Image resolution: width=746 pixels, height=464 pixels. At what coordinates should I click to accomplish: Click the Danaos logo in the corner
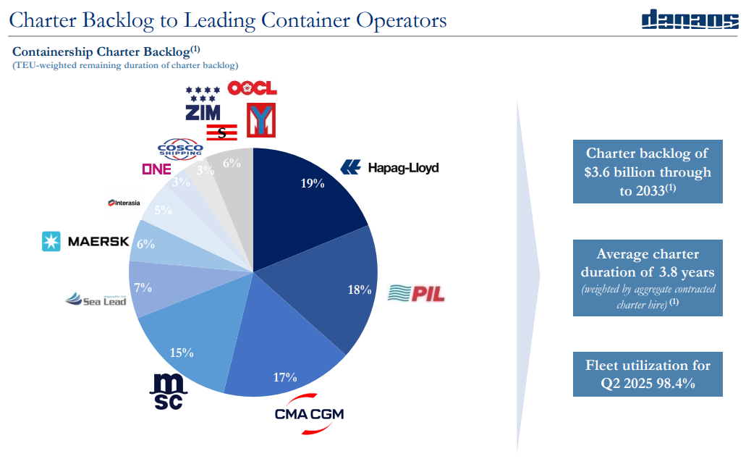(690, 20)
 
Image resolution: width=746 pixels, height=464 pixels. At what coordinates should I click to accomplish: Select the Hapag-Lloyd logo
(390, 168)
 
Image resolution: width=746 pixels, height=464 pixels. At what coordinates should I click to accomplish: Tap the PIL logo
(416, 293)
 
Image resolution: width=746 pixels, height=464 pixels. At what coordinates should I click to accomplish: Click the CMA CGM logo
(309, 414)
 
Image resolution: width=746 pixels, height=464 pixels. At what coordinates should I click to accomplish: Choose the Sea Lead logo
(96, 299)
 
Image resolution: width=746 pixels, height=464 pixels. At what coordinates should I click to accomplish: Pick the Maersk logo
(85, 242)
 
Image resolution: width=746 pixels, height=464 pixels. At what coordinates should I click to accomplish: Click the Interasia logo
(124, 203)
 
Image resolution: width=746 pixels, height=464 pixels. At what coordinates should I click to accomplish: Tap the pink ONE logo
(156, 169)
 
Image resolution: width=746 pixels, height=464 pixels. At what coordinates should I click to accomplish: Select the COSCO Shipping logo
(180, 148)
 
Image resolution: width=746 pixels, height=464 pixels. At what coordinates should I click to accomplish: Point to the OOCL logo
(252, 88)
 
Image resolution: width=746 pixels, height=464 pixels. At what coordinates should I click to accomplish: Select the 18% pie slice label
(359, 290)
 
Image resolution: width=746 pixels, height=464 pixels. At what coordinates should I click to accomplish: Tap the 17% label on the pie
(285, 376)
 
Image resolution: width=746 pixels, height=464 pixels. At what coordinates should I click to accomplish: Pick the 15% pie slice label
(182, 353)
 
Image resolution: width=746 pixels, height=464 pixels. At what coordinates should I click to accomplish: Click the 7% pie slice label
(143, 287)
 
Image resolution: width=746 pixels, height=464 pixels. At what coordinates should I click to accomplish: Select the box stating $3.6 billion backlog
(648, 172)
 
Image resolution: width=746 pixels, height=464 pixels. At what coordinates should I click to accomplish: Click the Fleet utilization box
(648, 374)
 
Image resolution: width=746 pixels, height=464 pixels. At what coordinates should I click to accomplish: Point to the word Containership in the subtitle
(53, 52)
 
